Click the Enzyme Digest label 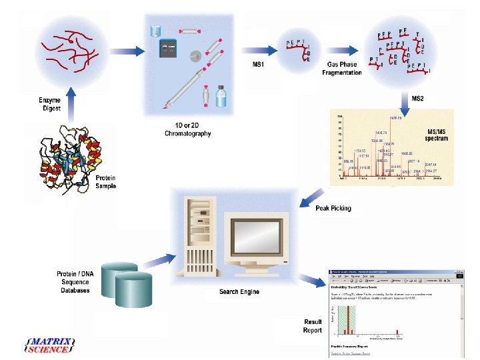coord(49,104)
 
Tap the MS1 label coord(258,64)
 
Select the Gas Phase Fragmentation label coord(342,68)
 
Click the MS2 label coord(417,98)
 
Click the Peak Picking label coord(333,209)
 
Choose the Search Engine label coord(239,291)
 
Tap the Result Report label coord(313,325)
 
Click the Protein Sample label coord(105,182)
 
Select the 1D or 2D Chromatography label coord(188,130)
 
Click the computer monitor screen coord(255,239)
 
